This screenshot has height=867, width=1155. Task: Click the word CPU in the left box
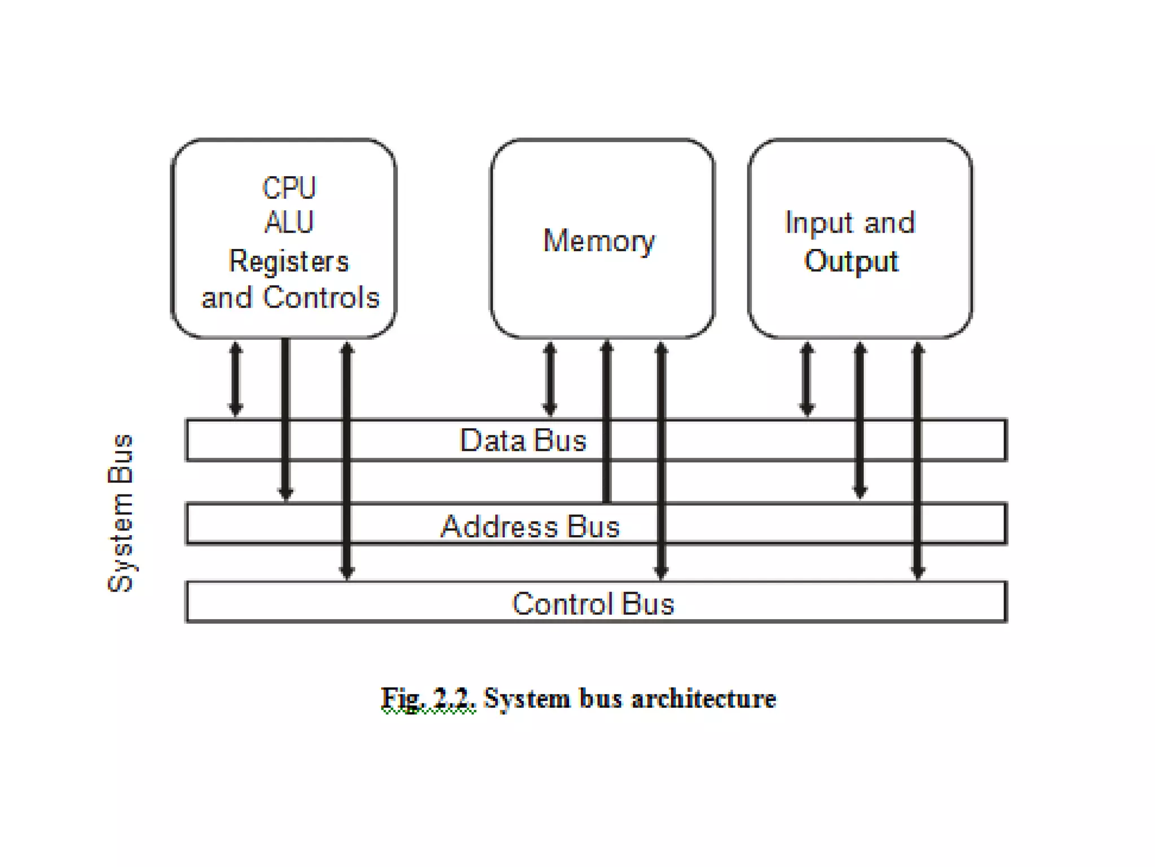pyautogui.click(x=289, y=188)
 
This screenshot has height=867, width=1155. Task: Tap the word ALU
pyautogui.click(x=289, y=222)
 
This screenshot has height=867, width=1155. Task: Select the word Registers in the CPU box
pyautogui.click(x=289, y=261)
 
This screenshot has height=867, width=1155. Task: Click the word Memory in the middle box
pyautogui.click(x=599, y=241)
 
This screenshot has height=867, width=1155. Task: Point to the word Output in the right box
pyautogui.click(x=851, y=261)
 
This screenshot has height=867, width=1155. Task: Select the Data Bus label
pyautogui.click(x=523, y=440)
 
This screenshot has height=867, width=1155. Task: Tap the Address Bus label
pyautogui.click(x=530, y=527)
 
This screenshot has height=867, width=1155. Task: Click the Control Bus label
pyautogui.click(x=593, y=603)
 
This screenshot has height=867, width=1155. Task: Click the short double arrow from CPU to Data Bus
pyautogui.click(x=236, y=379)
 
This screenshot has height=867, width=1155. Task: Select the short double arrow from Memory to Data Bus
pyautogui.click(x=549, y=379)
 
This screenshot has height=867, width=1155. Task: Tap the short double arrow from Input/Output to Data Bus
pyautogui.click(x=807, y=379)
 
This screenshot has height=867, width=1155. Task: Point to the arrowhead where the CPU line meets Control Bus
pyautogui.click(x=347, y=572)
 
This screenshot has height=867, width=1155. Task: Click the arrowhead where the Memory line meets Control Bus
pyautogui.click(x=661, y=572)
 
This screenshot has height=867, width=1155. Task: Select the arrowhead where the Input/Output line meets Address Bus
pyautogui.click(x=859, y=492)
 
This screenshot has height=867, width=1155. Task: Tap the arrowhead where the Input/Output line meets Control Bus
pyautogui.click(x=918, y=572)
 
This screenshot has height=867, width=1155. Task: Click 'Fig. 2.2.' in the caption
pyautogui.click(x=428, y=699)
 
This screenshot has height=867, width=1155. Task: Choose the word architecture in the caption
pyautogui.click(x=703, y=699)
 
